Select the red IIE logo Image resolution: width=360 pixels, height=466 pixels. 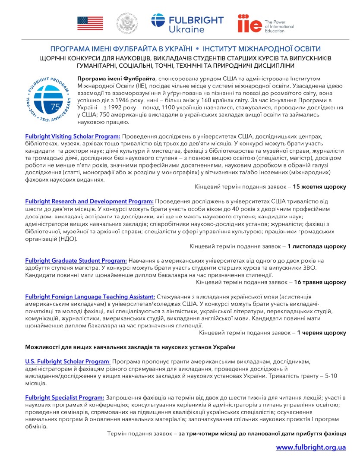pos(249,23)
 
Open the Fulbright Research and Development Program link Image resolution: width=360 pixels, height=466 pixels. pos(89,201)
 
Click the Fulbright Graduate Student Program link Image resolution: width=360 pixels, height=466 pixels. pos(76,261)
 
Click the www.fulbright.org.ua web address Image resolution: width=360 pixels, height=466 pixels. pos(311,447)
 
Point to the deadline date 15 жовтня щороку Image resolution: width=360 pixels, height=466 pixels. pos(319,187)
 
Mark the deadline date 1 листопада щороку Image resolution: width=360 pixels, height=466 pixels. pos(317,246)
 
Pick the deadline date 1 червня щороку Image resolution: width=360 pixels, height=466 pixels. pos(322,333)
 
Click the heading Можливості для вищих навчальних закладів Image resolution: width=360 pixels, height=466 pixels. pos(130,347)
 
